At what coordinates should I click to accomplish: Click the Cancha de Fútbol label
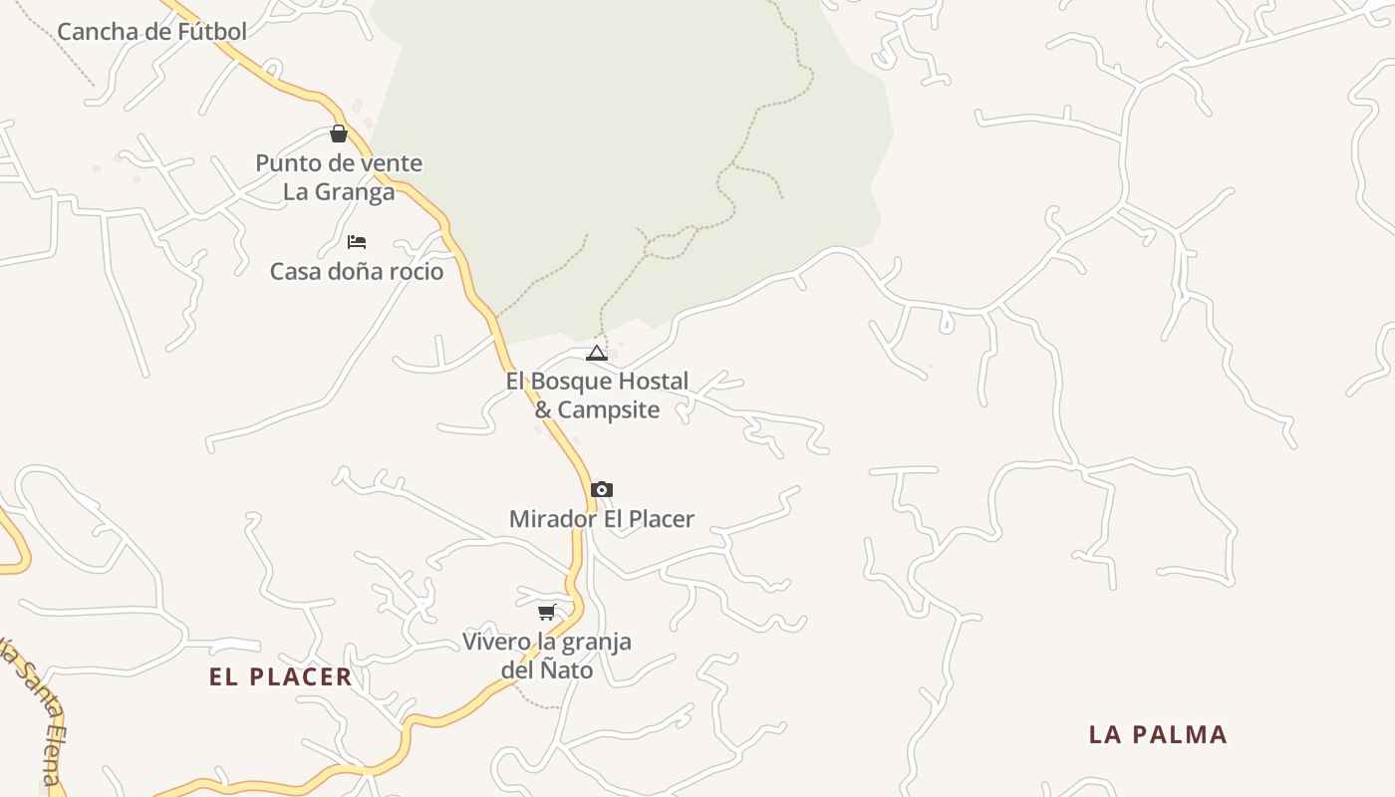tap(151, 32)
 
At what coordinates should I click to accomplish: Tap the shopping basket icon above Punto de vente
tap(339, 133)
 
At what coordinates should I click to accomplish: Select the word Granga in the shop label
tap(356, 192)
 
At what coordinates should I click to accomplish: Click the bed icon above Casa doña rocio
tap(357, 242)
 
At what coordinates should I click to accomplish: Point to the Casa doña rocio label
tap(357, 271)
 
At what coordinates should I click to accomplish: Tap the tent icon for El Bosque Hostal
tap(597, 353)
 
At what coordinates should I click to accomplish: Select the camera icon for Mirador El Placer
tap(601, 489)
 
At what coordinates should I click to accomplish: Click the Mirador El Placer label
tap(601, 519)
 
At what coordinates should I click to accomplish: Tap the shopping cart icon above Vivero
tap(546, 612)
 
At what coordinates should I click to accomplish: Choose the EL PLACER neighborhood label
tap(280, 677)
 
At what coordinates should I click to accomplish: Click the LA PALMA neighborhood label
tap(1157, 735)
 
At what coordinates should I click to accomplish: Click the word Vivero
tap(496, 642)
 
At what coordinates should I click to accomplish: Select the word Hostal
tap(653, 382)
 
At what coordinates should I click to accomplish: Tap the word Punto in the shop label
tap(285, 163)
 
